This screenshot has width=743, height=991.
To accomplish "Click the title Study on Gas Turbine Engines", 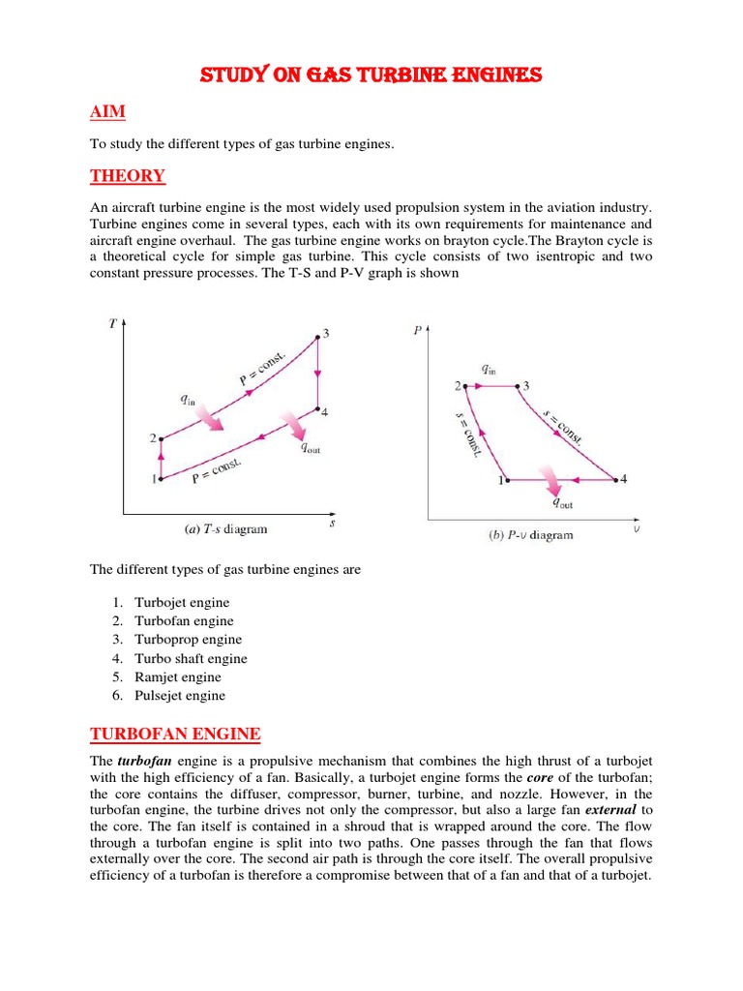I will (x=371, y=75).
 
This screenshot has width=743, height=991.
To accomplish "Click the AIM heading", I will (x=107, y=112).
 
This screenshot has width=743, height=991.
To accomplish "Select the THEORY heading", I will (x=127, y=176).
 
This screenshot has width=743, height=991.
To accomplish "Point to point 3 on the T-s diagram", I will (x=317, y=337).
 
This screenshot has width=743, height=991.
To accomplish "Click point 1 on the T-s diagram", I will (x=161, y=477).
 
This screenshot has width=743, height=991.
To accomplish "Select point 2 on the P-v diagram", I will (x=466, y=386).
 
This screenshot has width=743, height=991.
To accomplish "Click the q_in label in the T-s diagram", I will (x=188, y=398).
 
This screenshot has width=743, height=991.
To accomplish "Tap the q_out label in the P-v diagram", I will (x=561, y=502).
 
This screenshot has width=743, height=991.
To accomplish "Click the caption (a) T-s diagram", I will (x=225, y=529).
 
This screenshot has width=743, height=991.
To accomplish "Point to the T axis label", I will (x=113, y=324).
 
